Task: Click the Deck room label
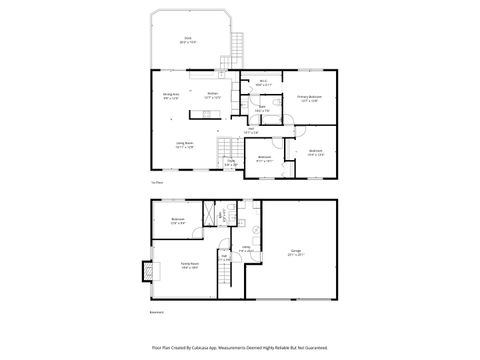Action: pyautogui.click(x=186, y=41)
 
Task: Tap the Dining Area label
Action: pyautogui.click(x=171, y=96)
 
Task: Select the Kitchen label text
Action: pyautogui.click(x=212, y=95)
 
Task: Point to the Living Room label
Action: pyautogui.click(x=185, y=145)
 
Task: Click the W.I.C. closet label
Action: pyautogui.click(x=263, y=83)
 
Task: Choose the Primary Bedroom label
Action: pyautogui.click(x=308, y=98)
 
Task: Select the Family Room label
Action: pyautogui.click(x=188, y=265)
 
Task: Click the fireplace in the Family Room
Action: pyautogui.click(x=149, y=270)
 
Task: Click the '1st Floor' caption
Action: pyautogui.click(x=157, y=184)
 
